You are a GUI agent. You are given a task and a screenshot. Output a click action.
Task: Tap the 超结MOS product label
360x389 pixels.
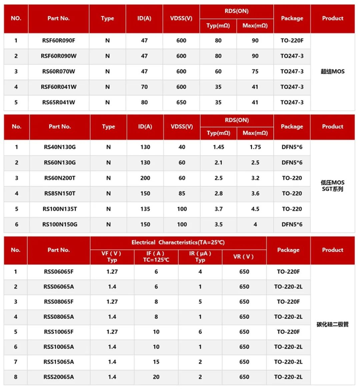click(332, 71)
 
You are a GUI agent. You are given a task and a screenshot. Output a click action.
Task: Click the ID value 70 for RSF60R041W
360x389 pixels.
click(145, 87)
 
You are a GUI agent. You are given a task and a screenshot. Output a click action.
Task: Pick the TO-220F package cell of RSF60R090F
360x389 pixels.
click(292, 41)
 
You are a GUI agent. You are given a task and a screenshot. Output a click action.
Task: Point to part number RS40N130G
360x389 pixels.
click(59, 147)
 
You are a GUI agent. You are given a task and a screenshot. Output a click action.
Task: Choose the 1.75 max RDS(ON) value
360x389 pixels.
click(255, 147)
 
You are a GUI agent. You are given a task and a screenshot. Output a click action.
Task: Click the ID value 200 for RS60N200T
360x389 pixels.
click(145, 178)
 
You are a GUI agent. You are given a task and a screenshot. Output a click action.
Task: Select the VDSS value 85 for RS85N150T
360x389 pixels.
click(182, 193)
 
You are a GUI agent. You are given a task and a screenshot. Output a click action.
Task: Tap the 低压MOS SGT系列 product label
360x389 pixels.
click(332, 185)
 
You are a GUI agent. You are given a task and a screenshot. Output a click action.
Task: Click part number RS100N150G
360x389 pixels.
click(59, 224)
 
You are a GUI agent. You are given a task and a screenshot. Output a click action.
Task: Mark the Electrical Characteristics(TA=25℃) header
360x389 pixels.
click(178, 242)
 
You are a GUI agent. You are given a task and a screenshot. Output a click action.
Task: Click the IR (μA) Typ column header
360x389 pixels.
click(200, 257)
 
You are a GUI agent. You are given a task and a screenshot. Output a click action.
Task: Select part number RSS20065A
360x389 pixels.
click(59, 377)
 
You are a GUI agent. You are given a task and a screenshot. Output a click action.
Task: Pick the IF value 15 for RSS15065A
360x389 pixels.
click(156, 362)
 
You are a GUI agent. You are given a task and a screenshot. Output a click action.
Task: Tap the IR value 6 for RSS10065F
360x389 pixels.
click(200, 332)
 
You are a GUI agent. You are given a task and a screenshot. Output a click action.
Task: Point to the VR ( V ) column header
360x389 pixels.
click(244, 257)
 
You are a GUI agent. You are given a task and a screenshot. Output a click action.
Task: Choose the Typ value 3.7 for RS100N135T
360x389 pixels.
click(218, 209)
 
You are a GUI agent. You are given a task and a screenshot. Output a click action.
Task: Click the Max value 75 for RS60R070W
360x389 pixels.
click(255, 71)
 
